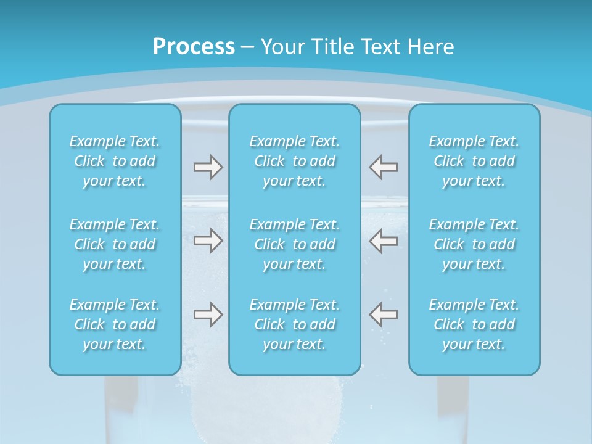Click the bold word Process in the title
click(x=194, y=47)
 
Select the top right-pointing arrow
click(x=208, y=167)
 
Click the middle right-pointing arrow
click(x=208, y=240)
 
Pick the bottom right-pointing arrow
click(x=208, y=314)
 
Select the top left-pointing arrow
click(x=384, y=167)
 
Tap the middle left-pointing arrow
click(x=384, y=240)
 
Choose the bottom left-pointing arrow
click(x=384, y=314)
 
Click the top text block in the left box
click(x=115, y=161)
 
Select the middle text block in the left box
click(x=115, y=244)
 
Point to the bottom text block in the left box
click(x=115, y=324)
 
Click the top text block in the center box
click(x=295, y=161)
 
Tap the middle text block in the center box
click(x=295, y=244)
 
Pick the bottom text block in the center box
click(x=295, y=324)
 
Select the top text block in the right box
click(x=474, y=161)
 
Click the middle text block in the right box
click(x=474, y=244)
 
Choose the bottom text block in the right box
click(x=474, y=324)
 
